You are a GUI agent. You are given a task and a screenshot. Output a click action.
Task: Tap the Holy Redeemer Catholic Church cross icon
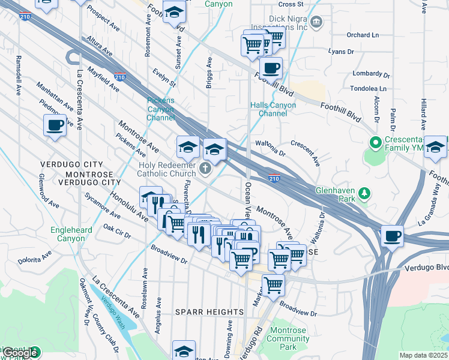[206, 169]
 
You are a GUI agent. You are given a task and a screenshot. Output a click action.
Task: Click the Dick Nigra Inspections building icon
[318, 23]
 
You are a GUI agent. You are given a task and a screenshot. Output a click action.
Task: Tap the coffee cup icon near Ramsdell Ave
[55, 125]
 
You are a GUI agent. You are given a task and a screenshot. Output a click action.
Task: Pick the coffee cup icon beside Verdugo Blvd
[392, 236]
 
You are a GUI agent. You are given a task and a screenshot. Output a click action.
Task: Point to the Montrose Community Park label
[289, 338]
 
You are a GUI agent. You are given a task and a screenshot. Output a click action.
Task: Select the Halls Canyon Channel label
[273, 109]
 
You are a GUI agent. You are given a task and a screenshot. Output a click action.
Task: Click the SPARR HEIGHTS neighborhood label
[209, 312]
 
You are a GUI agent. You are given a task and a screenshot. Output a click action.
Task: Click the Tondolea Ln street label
[369, 88]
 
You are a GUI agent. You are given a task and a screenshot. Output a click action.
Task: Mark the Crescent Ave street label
[306, 152]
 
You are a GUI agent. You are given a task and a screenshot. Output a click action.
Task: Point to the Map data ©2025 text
[423, 355]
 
